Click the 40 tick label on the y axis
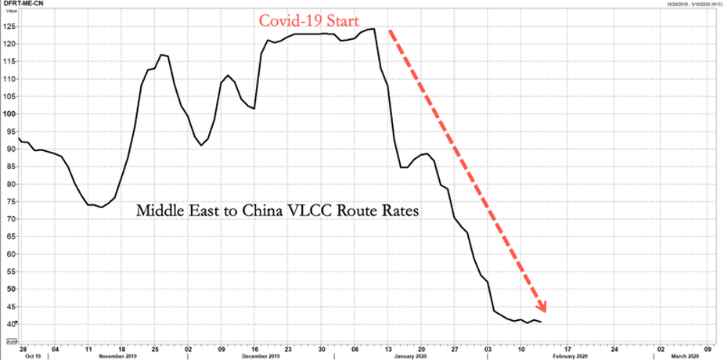coord(10,324)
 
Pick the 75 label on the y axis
coord(10,201)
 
